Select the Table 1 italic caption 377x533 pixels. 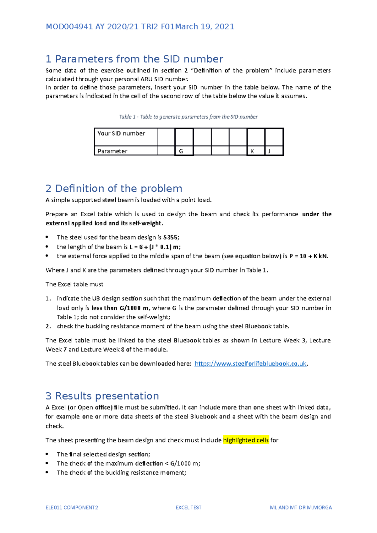pyautogui.click(x=188, y=117)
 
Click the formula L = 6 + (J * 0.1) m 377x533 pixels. pyautogui.click(x=155, y=247)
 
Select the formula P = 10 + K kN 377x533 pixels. pyautogui.click(x=309, y=256)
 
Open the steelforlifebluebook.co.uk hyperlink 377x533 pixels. pyautogui.click(x=250, y=363)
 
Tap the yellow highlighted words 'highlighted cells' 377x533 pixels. pyautogui.click(x=246, y=440)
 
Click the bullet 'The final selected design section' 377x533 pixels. pyautogui.click(x=103, y=454)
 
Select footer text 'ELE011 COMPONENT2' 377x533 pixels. pyautogui.click(x=72, y=507)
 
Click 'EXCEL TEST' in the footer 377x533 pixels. pyautogui.click(x=188, y=507)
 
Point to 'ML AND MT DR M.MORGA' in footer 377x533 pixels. pyautogui.click(x=301, y=507)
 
